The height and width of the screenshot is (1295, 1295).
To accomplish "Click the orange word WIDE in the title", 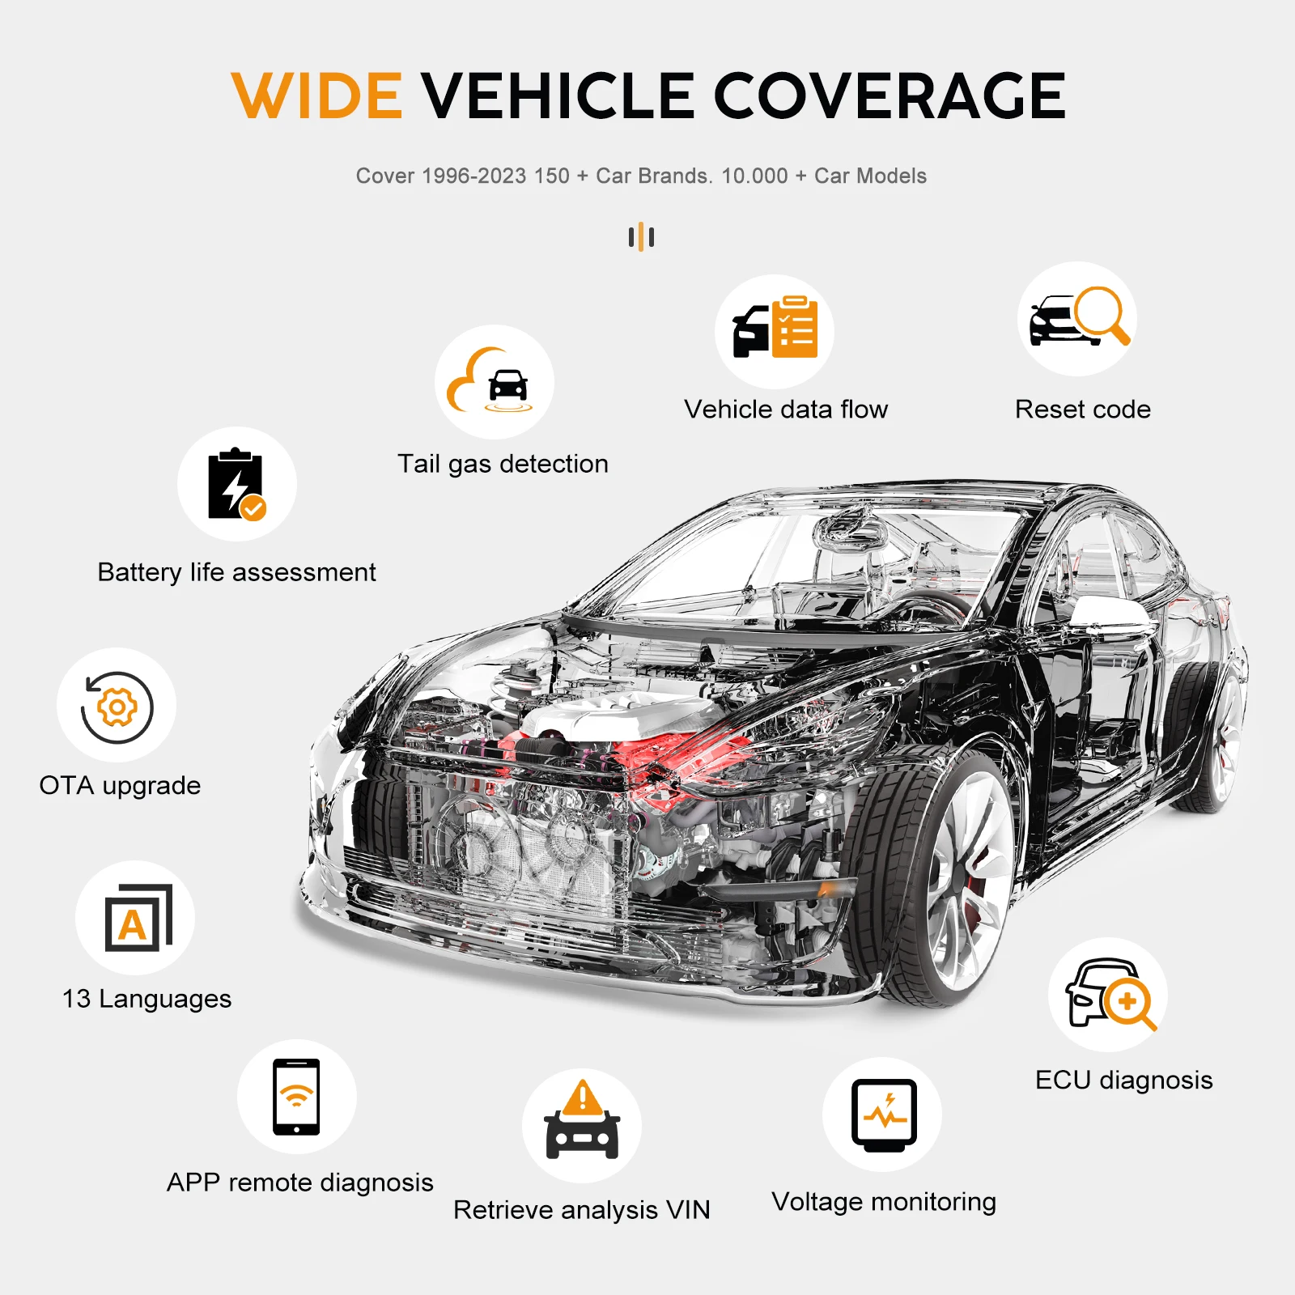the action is tap(316, 96).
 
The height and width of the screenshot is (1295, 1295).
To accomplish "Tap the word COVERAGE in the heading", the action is tap(890, 96).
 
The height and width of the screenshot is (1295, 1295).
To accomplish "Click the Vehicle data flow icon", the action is tap(775, 328).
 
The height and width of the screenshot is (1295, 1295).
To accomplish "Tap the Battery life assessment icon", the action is tap(236, 484).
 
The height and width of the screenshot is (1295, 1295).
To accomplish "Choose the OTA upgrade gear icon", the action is tap(117, 707).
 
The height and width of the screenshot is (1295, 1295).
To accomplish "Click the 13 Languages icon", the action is tap(138, 918).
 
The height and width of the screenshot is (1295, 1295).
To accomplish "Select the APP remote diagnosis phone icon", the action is tap(296, 1097).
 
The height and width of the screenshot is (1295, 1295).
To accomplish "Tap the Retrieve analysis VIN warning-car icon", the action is tap(582, 1120).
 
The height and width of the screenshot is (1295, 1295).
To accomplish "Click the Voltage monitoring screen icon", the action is tap(884, 1115).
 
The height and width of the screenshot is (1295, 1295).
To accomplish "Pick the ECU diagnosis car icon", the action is tap(1110, 995).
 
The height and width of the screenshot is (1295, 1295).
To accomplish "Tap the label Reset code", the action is tap(1083, 410).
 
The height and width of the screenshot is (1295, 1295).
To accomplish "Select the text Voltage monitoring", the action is tap(884, 1203).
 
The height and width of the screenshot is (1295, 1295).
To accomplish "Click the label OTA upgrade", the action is tap(120, 786).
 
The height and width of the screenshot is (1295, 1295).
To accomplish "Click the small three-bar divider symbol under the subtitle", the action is tap(641, 237).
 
